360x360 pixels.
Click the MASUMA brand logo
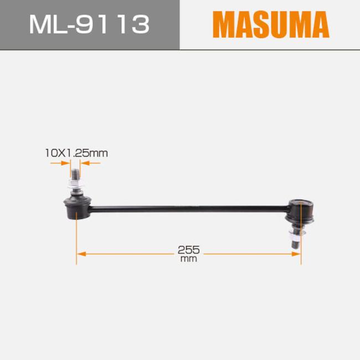(x=271, y=24)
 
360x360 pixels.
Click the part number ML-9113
(x=90, y=24)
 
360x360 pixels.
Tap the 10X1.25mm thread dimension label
(x=76, y=153)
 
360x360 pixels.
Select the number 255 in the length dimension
(x=189, y=250)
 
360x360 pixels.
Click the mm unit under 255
(x=189, y=259)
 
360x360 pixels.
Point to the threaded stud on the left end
(x=75, y=174)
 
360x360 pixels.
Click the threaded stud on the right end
(x=295, y=243)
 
